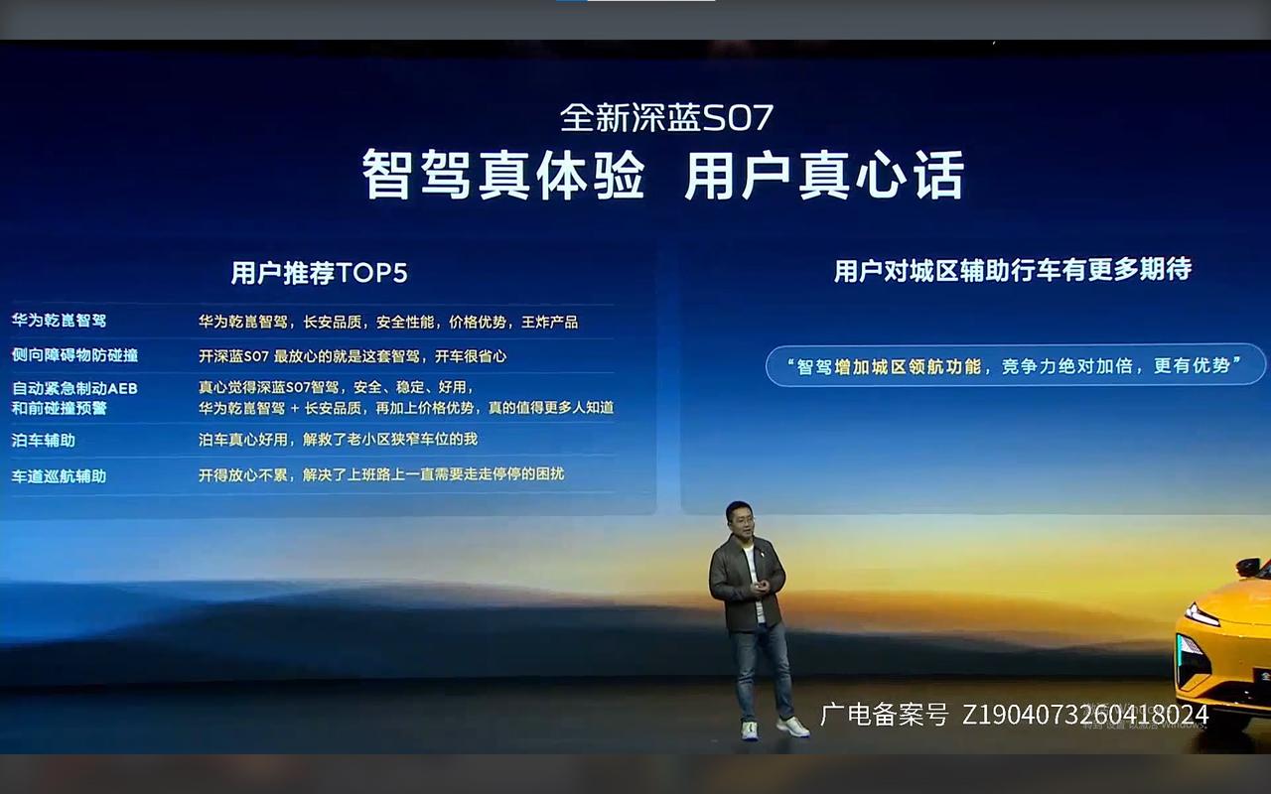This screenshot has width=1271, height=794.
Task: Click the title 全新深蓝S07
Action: coord(666,118)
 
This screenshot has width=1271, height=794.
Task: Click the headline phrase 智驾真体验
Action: coord(503,177)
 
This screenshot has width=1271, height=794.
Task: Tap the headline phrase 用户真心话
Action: coord(824,177)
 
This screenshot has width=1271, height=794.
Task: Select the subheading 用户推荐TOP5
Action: coord(319,273)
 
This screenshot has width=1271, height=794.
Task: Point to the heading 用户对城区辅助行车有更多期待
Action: coord(1012,270)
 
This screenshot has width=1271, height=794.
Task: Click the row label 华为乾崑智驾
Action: coord(59,322)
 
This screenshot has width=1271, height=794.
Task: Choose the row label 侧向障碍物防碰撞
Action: coord(74,355)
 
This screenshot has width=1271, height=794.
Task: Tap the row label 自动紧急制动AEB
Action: coord(74,388)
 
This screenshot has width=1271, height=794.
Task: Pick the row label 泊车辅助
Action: coord(43,440)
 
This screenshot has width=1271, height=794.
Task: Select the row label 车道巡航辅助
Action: coord(59,475)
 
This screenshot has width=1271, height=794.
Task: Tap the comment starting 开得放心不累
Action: coord(380,474)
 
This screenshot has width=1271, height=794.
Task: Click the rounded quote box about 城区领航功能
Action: coord(1015,365)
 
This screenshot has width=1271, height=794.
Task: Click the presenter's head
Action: coord(739,519)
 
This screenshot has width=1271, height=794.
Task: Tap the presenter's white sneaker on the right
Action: coord(793,728)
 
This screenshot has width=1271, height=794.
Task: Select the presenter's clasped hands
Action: coord(759,588)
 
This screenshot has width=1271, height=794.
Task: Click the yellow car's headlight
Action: coord(1201,615)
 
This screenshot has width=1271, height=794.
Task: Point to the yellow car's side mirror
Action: coord(1247,568)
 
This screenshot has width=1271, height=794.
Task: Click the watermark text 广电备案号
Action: coord(884,715)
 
